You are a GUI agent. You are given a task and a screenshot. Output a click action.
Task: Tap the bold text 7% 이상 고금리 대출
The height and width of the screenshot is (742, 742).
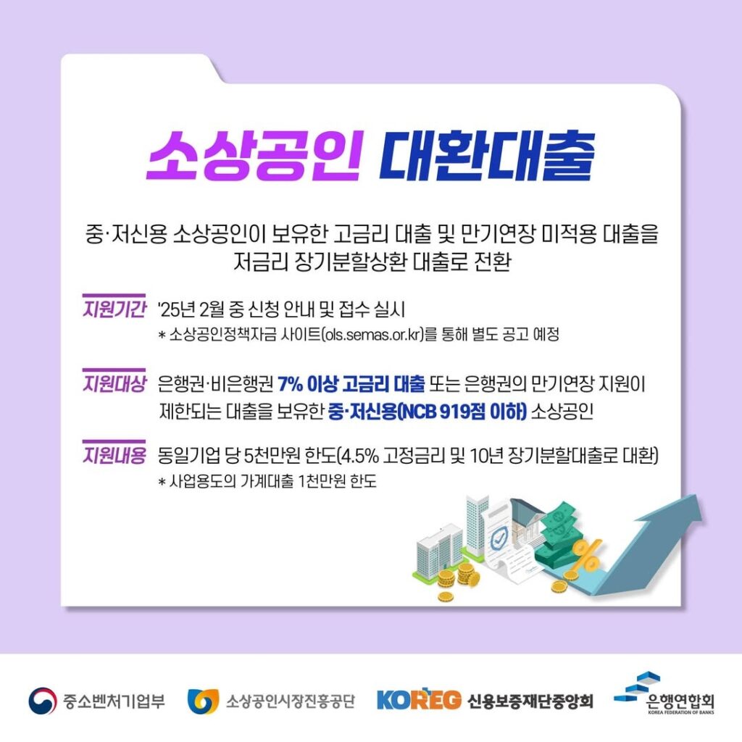[x=351, y=384]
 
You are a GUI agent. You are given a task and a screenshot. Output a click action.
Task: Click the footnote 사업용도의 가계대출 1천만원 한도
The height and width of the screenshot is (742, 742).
[x=267, y=481]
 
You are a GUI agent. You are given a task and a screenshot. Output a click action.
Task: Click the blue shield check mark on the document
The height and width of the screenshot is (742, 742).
[x=497, y=540]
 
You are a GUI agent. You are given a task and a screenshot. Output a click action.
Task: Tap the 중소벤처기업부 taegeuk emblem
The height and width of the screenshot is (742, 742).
[x=43, y=701]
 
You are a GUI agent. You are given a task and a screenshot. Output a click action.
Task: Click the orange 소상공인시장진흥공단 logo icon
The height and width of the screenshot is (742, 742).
[x=202, y=701]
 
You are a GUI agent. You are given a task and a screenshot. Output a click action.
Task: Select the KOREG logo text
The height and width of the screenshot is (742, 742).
[x=419, y=701]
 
